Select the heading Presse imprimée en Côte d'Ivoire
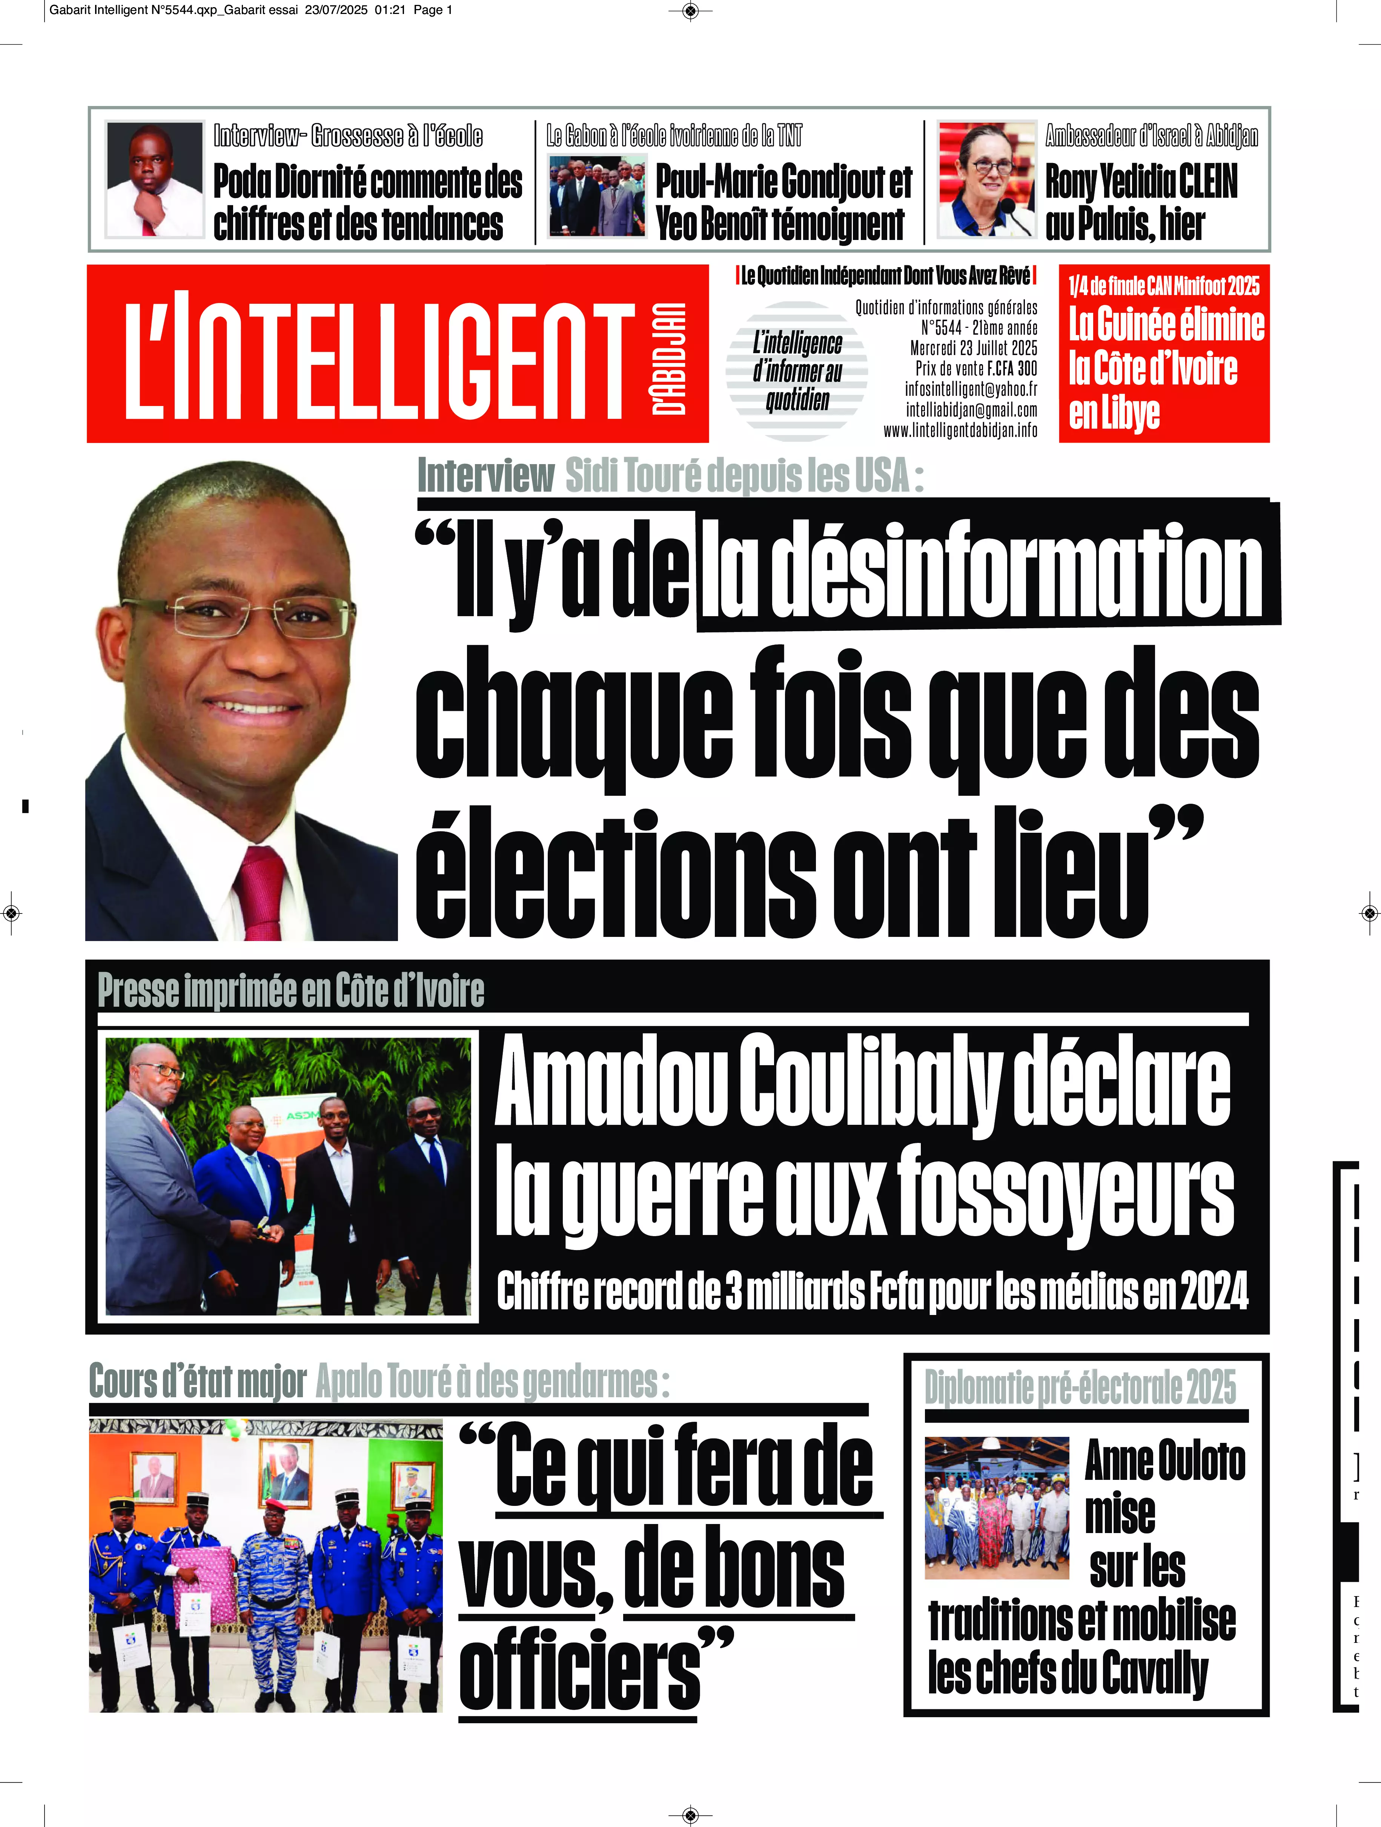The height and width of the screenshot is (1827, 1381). (x=291, y=991)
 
